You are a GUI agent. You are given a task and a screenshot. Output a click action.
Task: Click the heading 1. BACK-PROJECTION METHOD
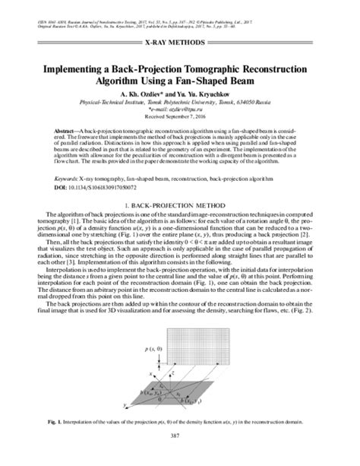(x=180, y=207)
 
